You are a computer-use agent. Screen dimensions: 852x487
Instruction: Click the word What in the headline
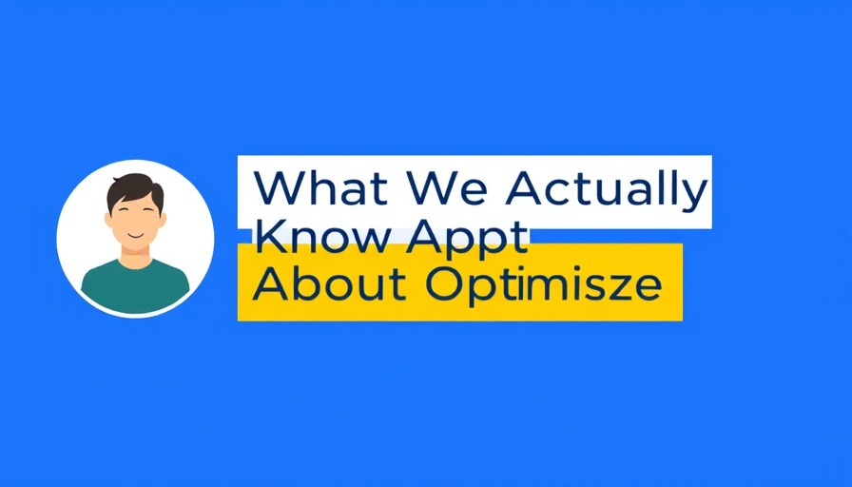pos(321,187)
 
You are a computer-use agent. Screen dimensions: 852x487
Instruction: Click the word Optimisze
pos(543,286)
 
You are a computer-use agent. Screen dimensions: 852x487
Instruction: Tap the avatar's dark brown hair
pos(134,190)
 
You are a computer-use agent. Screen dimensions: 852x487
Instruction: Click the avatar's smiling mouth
pos(135,235)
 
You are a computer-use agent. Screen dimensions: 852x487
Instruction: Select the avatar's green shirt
pos(135,286)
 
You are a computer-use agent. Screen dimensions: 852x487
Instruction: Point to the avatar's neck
pos(135,257)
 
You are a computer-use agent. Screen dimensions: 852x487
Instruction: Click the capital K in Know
pos(270,237)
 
